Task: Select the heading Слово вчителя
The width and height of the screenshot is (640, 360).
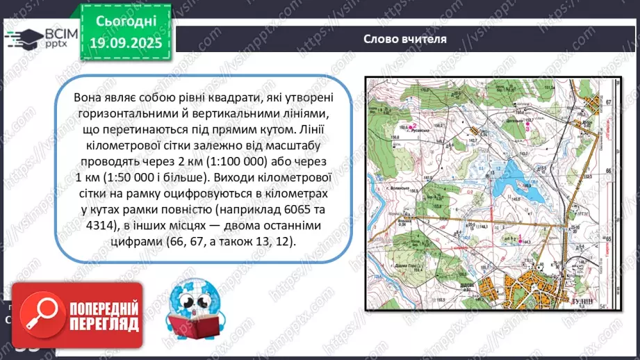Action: [404, 38]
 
